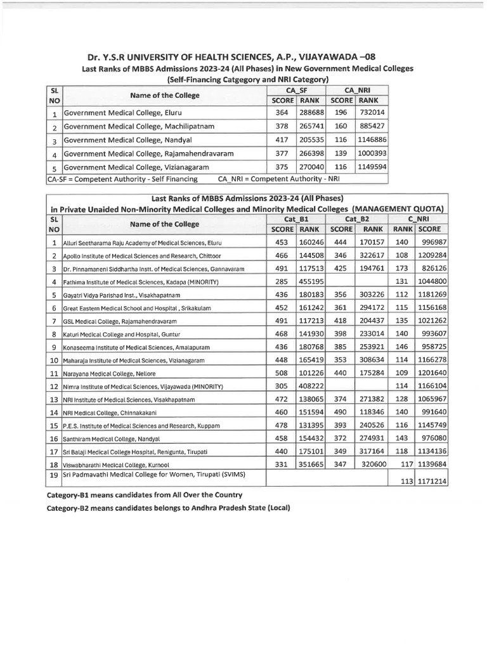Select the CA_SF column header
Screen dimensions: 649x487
pyautogui.click(x=297, y=91)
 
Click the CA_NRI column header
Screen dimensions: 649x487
pyautogui.click(x=358, y=91)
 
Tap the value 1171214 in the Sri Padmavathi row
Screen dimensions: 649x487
pyautogui.click(x=432, y=482)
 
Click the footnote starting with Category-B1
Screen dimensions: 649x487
pyautogui.click(x=145, y=494)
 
